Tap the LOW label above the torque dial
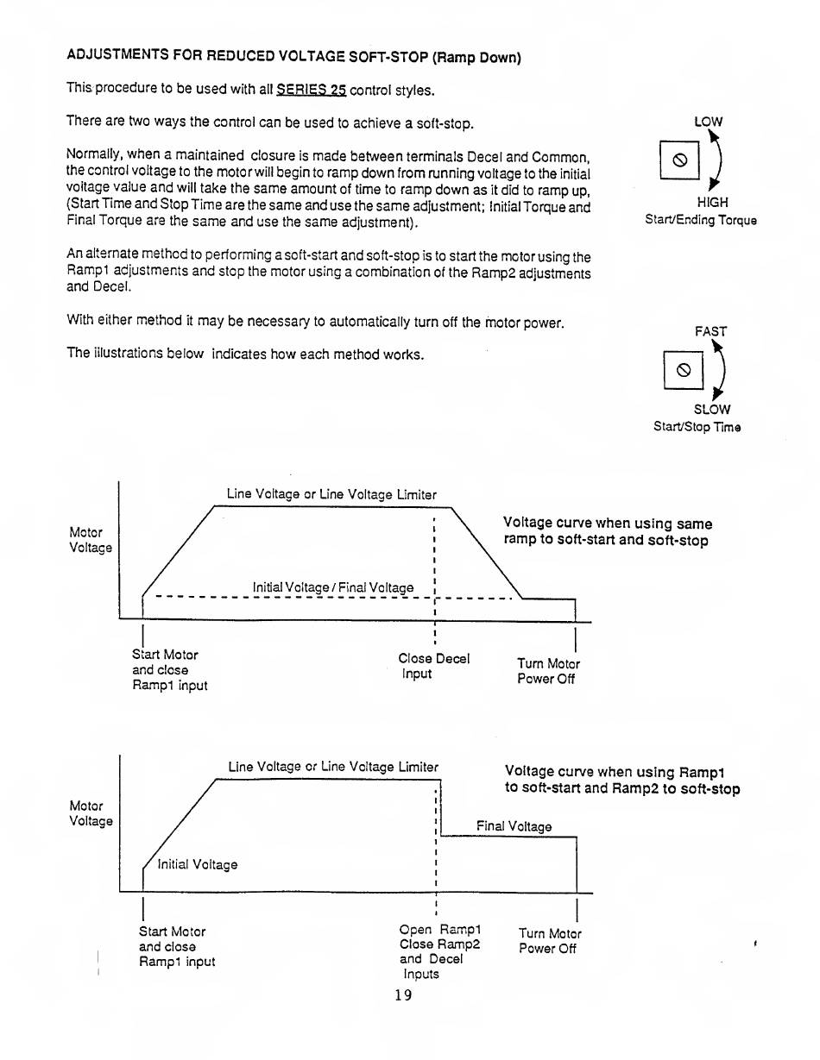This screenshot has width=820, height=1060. [708, 122]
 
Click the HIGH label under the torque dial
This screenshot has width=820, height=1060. [712, 202]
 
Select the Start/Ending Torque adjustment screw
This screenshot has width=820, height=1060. [678, 160]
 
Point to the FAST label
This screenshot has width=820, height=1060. [710, 331]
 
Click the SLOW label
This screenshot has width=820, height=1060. [711, 409]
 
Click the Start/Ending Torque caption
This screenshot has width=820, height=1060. [701, 220]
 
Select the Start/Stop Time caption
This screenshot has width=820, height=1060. [697, 427]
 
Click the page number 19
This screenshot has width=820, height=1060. [403, 994]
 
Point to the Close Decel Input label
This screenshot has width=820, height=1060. [433, 666]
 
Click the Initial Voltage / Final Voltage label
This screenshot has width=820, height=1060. [333, 587]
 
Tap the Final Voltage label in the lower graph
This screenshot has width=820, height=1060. [514, 826]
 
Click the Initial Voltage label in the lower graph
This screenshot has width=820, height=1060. [198, 864]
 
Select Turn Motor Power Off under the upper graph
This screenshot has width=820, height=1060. [548, 671]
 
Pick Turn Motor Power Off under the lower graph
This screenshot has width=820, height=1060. [550, 941]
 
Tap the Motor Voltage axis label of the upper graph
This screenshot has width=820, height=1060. [90, 540]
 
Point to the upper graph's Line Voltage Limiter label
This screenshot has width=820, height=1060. [331, 494]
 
